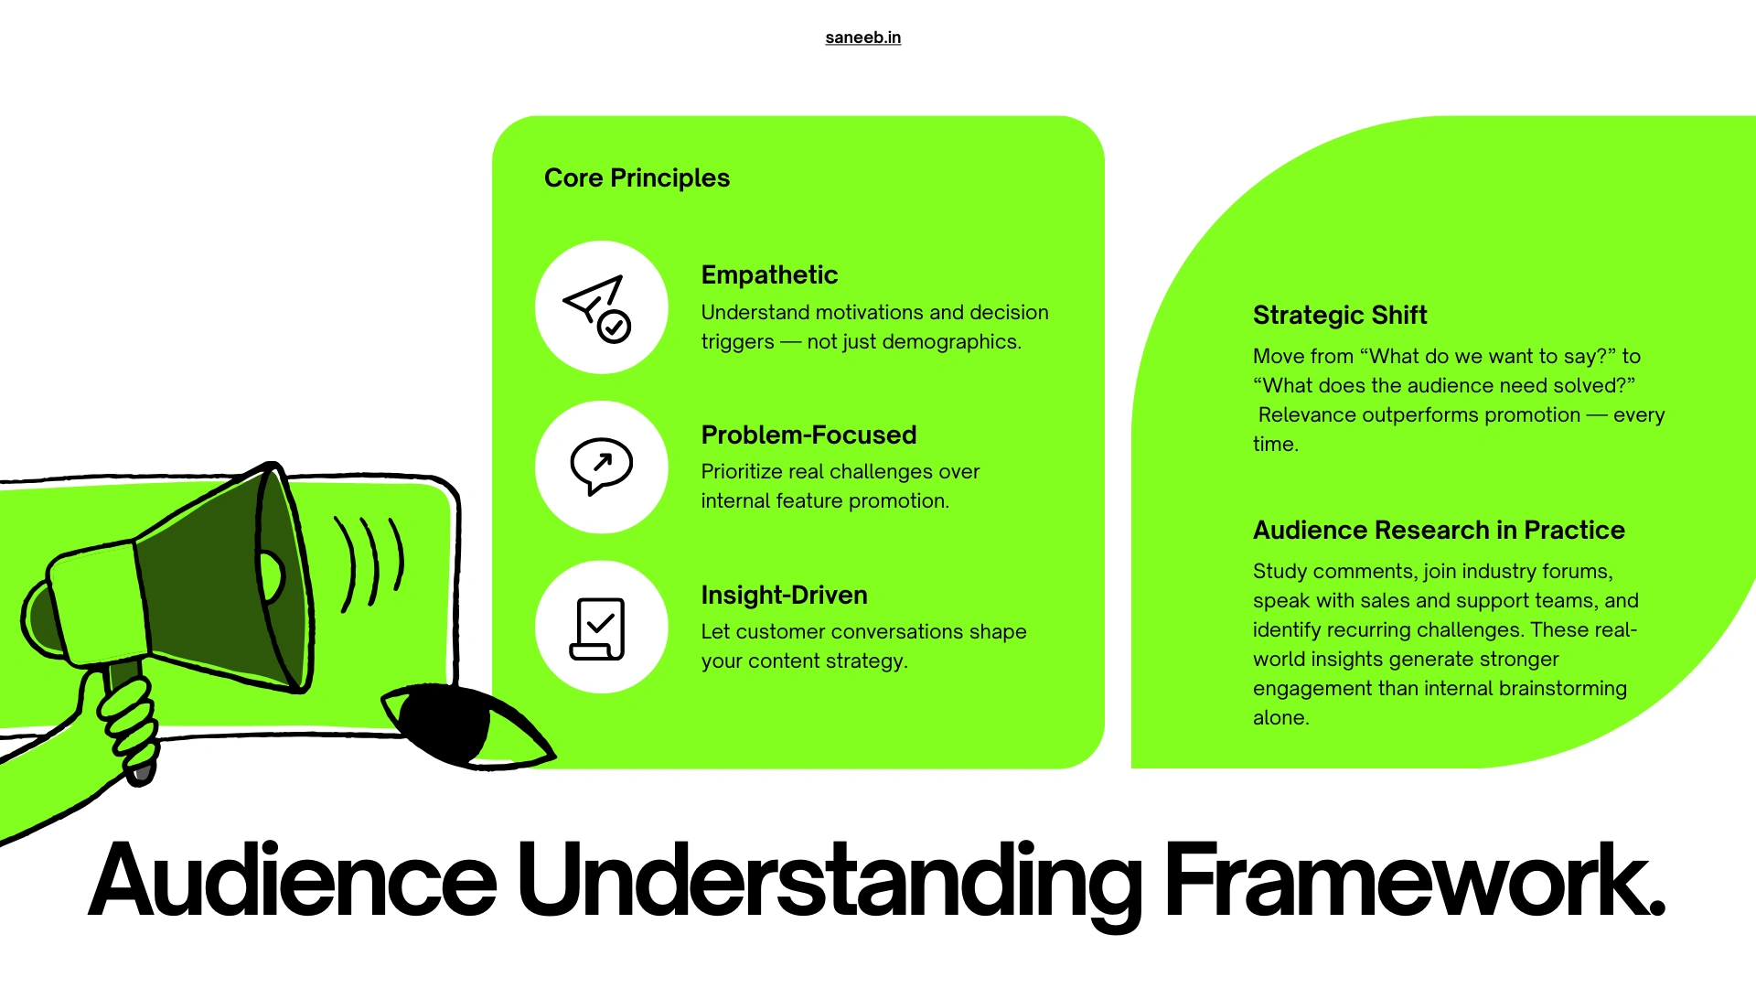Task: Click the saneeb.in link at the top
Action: (862, 38)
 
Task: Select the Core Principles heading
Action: (637, 177)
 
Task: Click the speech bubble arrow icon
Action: (601, 467)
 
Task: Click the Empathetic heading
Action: (769, 274)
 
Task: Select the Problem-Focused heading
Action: (808, 435)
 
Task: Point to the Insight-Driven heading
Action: (784, 595)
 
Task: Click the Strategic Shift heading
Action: (1339, 315)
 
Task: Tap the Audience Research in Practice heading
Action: (1438, 530)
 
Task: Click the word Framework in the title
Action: (1413, 880)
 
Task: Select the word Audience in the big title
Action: (293, 880)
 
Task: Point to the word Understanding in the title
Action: (828, 880)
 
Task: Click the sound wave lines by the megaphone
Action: (370, 563)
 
